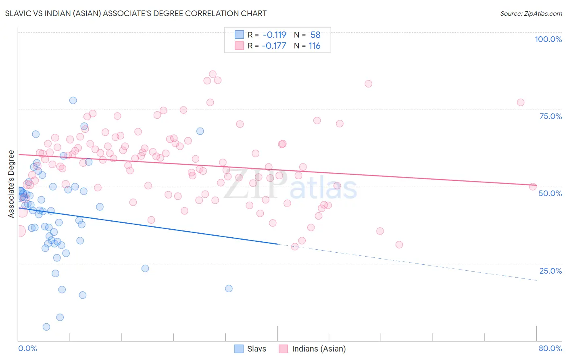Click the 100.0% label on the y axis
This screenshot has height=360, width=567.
[548, 39]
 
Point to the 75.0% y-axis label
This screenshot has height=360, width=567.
[550, 116]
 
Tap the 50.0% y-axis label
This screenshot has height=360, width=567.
[550, 193]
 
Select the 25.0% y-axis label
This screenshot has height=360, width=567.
[550, 271]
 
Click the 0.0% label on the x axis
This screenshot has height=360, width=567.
[27, 348]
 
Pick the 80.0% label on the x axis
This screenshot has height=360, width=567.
[550, 348]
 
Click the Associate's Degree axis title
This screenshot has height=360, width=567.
[11, 184]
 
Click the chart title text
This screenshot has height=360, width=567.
[136, 13]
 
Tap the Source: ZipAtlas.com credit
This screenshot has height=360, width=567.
[531, 13]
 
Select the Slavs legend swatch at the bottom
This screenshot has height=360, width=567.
[239, 349]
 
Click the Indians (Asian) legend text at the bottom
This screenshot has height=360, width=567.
[319, 349]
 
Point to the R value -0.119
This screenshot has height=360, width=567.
[274, 35]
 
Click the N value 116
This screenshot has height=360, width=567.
[315, 46]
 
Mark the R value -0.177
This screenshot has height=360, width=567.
[274, 46]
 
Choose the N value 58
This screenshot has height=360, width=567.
[315, 35]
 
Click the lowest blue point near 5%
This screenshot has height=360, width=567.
[46, 327]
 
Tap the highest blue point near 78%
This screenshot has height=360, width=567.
[73, 100]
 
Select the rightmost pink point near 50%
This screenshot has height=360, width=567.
[533, 186]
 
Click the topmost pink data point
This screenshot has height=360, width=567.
[213, 74]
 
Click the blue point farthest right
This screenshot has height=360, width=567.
[229, 289]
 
